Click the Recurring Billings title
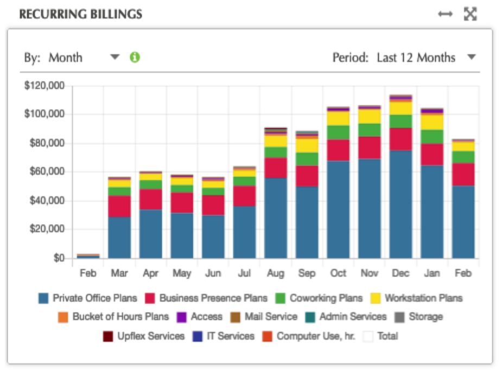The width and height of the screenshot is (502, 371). pos(80,14)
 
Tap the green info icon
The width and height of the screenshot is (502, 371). pos(135,57)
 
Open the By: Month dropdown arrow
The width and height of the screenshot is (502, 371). pos(115,57)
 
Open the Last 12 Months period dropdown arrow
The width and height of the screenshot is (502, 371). pos(471,57)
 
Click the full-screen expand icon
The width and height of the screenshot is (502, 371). pos(470,14)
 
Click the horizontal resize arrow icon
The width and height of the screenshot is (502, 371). pos(445,14)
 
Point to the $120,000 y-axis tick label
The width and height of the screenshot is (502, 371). pos(45,86)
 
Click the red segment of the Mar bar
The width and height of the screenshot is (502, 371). pos(119,206)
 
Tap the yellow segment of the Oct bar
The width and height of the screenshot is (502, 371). pos(338,118)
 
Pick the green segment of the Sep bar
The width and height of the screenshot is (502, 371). pos(307,159)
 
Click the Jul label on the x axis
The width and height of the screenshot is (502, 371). pos(244,273)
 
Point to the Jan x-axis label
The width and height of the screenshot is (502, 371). pos(431,273)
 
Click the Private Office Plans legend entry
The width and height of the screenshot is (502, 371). pos(87,298)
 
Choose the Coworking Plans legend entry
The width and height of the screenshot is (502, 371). pos(320,298)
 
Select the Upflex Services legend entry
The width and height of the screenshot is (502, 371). pos(144,336)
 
